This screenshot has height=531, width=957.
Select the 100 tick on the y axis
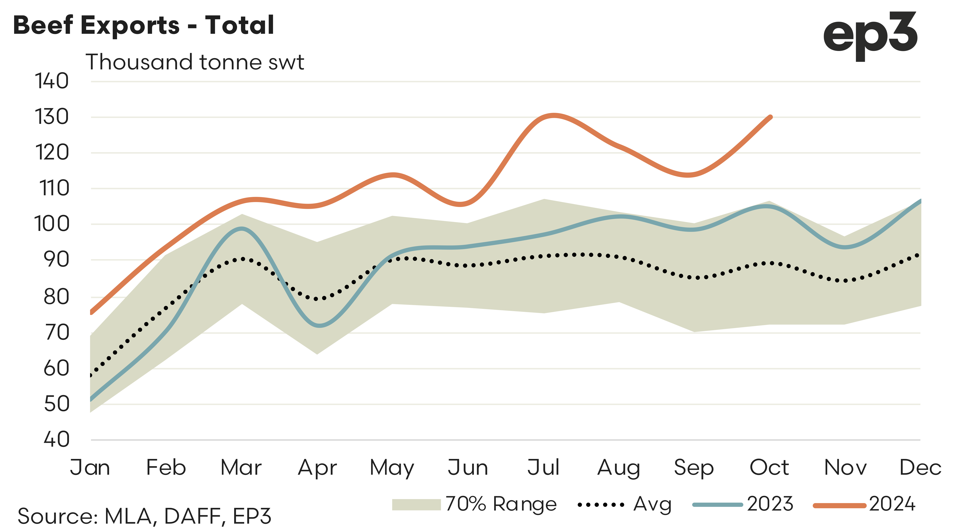coord(52,224)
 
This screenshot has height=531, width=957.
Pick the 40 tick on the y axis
coord(56,439)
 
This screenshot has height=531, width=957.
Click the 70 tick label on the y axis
coord(56,333)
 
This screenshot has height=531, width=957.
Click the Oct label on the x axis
coord(769,468)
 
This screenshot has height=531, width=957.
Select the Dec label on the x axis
coord(920,468)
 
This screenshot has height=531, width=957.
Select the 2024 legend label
coord(892,504)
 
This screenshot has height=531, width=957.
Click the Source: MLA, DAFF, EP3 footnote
coord(144,516)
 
